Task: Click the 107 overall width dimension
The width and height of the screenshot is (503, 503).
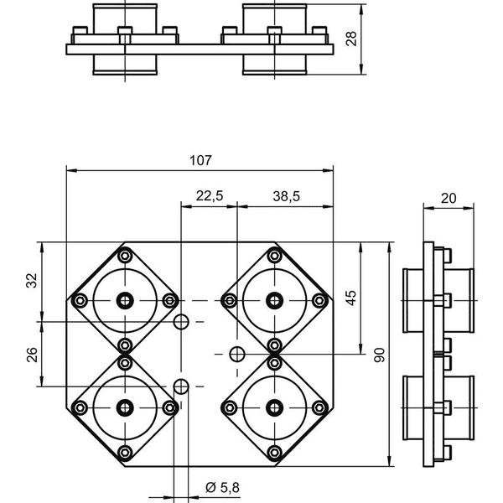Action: coord(201,160)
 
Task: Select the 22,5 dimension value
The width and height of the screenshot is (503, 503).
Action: coord(210,195)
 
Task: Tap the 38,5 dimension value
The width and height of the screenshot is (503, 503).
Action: coord(287,196)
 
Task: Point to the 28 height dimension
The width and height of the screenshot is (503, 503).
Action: coord(352,39)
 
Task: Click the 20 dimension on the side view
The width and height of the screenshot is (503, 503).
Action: coord(449,199)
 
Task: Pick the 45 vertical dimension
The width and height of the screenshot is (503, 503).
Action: coord(351,298)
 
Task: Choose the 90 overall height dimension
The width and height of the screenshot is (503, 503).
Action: coord(380,355)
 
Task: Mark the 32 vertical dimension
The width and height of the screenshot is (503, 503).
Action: coord(32,280)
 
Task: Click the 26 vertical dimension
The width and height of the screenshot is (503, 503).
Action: coord(32,355)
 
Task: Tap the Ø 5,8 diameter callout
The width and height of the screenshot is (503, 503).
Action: coord(222,488)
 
